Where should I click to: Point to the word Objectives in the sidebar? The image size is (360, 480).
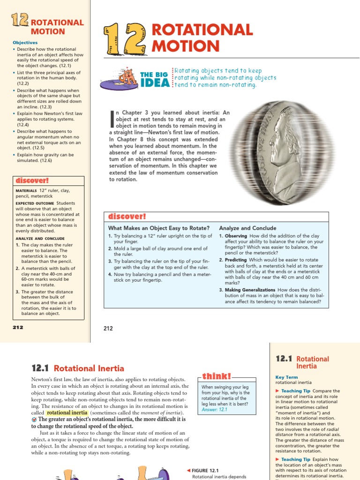25,43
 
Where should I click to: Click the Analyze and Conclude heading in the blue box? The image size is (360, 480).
247,228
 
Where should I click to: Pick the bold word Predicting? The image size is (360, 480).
236,260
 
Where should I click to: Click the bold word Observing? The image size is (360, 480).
236,236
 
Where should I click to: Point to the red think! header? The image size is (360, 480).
216,376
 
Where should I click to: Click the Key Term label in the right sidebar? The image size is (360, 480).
286,377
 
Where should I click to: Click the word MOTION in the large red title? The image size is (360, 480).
186,46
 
